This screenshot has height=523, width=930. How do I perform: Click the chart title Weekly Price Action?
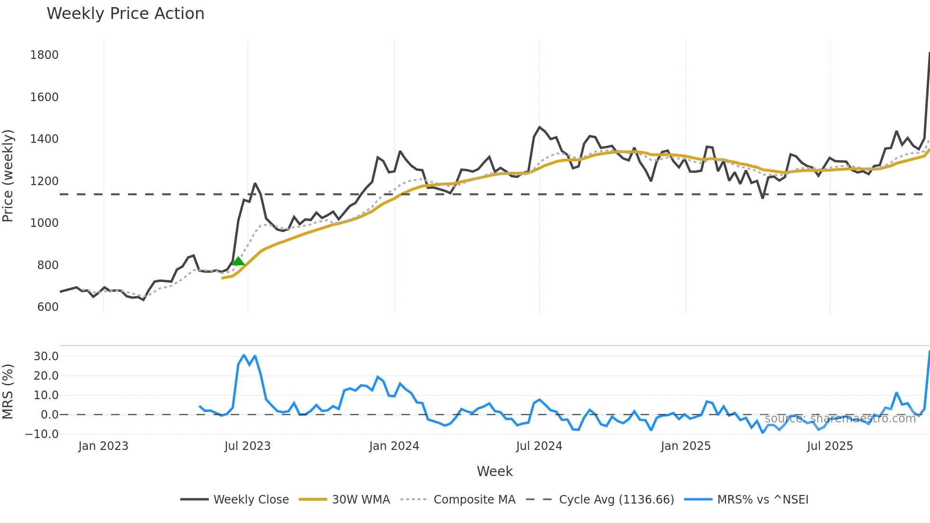[125, 14]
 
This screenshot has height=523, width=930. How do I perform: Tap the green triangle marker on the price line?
[238, 261]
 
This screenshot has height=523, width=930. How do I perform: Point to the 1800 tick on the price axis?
[44, 55]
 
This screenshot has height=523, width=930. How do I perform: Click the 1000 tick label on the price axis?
[44, 223]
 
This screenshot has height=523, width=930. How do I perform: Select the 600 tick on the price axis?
[48, 307]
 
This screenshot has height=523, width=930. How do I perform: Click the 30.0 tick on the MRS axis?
[46, 356]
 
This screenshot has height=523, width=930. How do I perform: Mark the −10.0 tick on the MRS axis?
[42, 434]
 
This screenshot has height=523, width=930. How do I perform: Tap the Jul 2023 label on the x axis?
[247, 446]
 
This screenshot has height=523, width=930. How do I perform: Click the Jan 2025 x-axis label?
[686, 446]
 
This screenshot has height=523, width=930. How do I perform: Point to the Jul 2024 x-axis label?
[539, 446]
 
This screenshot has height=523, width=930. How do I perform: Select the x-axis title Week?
[494, 471]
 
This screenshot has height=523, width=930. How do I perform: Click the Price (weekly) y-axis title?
[8, 176]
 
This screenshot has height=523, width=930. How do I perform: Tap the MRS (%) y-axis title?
[8, 392]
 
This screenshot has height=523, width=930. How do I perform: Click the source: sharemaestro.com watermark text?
[840, 419]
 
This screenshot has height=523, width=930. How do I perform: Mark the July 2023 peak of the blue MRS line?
[244, 355]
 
